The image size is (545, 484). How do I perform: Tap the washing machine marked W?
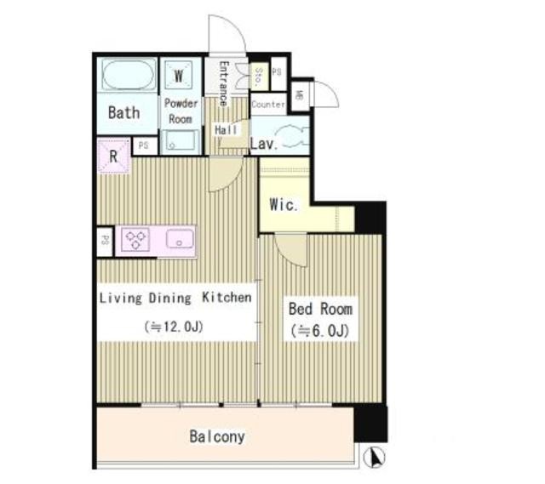179,75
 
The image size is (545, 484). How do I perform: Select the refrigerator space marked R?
114,156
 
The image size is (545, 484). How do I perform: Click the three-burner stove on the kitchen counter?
135,239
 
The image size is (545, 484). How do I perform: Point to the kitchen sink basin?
180,239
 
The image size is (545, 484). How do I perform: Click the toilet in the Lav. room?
292,136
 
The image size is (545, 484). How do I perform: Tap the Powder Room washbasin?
180,142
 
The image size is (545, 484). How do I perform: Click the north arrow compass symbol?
375,457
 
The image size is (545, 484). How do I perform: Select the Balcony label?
217,436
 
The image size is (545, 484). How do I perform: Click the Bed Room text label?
320,309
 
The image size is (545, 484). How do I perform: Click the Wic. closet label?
284,205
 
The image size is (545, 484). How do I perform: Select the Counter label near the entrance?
268,104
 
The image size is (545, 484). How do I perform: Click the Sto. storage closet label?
258,77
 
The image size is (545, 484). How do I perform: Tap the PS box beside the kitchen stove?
105,242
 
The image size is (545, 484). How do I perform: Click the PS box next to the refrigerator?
144,145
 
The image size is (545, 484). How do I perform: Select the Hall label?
226,130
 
